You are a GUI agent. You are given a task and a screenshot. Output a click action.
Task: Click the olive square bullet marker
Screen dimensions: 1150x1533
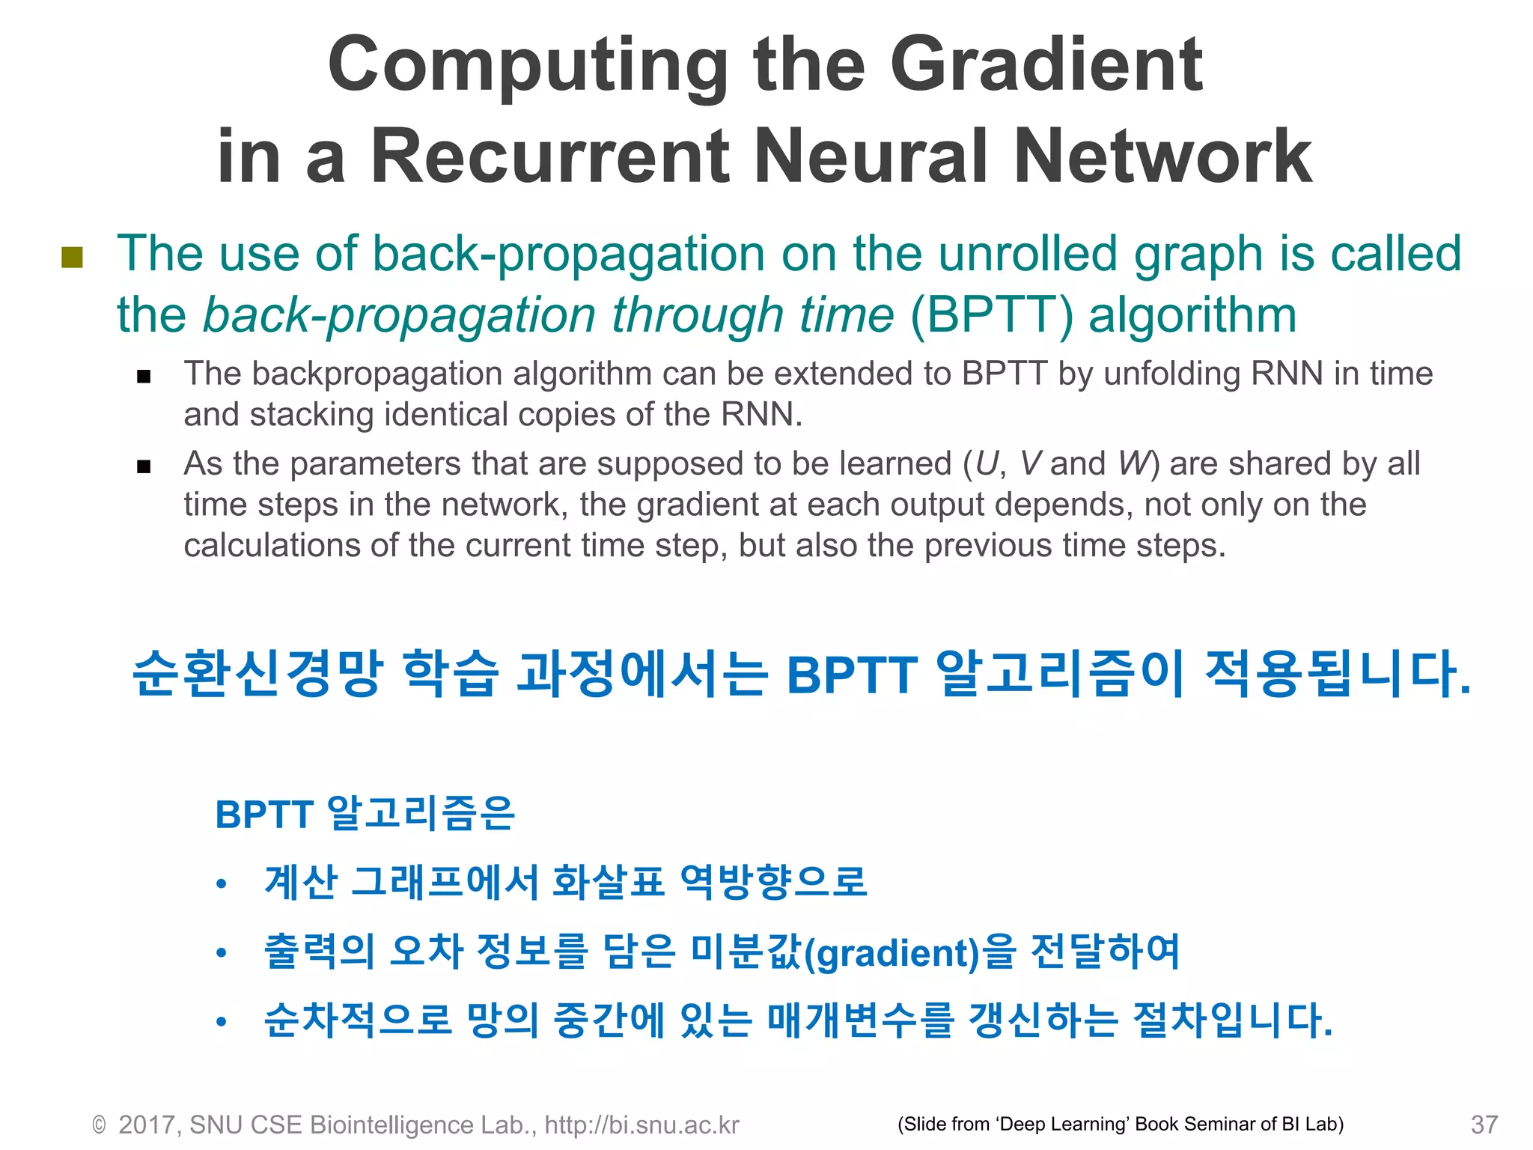pyautogui.click(x=72, y=257)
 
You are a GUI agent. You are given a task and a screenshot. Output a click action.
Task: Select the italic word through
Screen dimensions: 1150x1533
pyautogui.click(x=698, y=315)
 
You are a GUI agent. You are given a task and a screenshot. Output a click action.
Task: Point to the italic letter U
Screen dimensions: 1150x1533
pyautogui.click(x=987, y=463)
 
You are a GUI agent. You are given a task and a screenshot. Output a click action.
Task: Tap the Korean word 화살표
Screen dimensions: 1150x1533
pyautogui.click(x=608, y=881)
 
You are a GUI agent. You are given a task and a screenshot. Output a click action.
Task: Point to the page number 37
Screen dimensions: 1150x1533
pyautogui.click(x=1484, y=1125)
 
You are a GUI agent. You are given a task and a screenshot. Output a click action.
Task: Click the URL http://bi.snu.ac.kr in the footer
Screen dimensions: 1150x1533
pyautogui.click(x=641, y=1125)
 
